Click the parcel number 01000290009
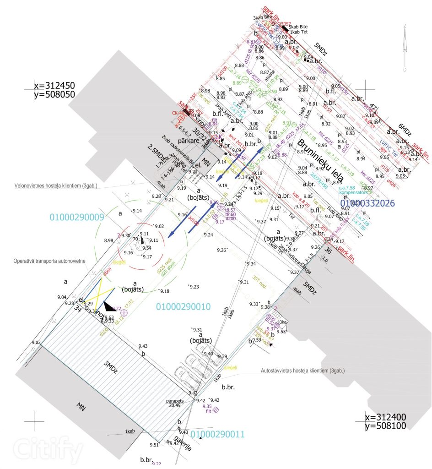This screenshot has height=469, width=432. [76, 217]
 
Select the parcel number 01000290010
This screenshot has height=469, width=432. [183, 306]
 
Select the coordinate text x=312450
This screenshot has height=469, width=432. [54, 86]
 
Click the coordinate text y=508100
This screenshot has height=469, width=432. [385, 426]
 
